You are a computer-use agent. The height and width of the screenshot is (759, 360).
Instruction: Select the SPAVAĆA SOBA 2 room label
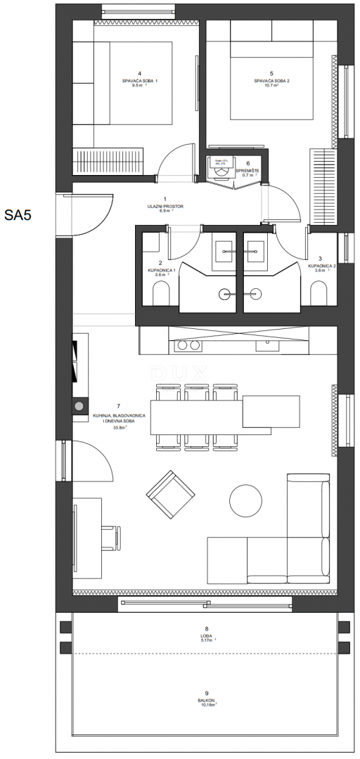(271, 82)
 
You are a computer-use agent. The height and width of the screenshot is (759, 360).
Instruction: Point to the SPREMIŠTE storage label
(248, 169)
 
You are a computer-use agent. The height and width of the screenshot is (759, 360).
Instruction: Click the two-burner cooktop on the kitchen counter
(188, 345)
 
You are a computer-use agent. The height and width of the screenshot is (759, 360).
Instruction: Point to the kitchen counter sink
(267, 345)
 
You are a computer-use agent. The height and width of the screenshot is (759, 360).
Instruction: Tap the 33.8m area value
(109, 427)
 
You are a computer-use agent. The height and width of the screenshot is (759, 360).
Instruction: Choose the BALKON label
(206, 700)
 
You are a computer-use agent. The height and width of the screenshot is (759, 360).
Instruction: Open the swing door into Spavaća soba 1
(174, 162)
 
